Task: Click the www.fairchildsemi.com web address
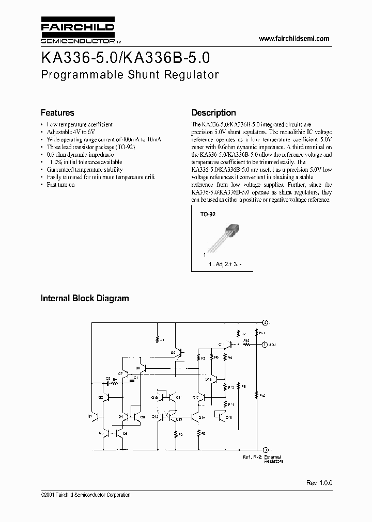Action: coord(293,39)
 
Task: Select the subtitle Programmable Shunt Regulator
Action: coord(130,74)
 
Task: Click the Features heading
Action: coord(57,112)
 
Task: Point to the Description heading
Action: coord(213,112)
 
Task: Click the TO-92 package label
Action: coord(208,214)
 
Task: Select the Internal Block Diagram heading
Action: coord(85,298)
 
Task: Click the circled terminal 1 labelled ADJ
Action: coord(264,344)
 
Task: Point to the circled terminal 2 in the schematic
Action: coord(264,322)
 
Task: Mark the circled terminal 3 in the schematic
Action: coord(265,449)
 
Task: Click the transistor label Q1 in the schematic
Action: coord(90,415)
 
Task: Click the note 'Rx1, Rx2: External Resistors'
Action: coord(262,459)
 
